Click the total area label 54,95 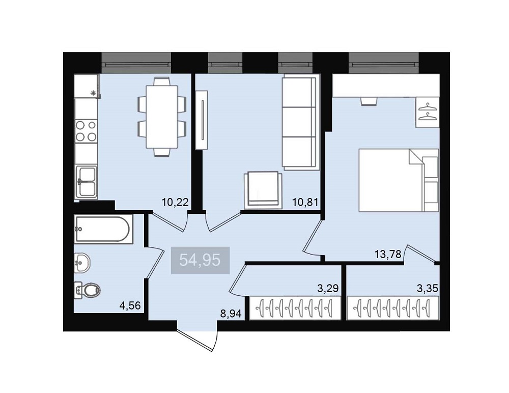200,260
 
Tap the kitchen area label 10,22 175,202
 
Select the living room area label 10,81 305,202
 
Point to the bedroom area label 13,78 388,254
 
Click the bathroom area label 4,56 130,305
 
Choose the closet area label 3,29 328,288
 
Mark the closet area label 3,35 428,288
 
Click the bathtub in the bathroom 103,229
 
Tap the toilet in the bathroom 88,290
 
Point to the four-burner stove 86,131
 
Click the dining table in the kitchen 162,117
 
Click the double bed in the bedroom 399,180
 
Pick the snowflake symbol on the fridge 93,93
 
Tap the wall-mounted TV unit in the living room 202,120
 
